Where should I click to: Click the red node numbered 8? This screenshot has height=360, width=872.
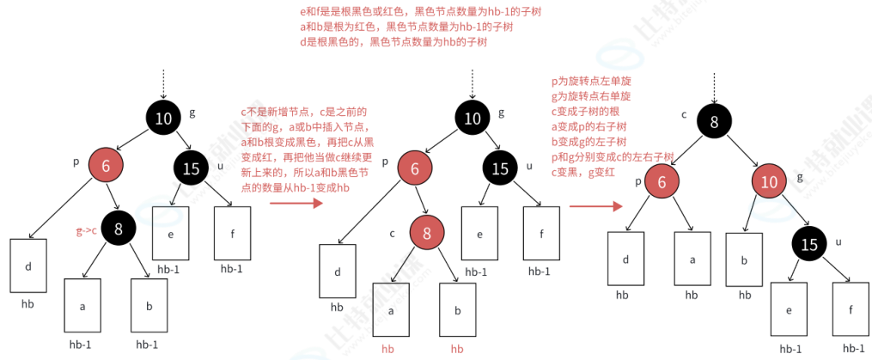(x=426, y=232)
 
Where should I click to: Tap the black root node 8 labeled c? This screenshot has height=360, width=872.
(x=714, y=122)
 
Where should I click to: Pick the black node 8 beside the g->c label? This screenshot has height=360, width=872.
(x=118, y=228)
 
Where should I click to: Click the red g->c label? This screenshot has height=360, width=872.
(x=84, y=231)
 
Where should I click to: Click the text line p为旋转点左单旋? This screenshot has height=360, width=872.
(x=591, y=82)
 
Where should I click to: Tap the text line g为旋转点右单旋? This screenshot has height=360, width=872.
(x=591, y=96)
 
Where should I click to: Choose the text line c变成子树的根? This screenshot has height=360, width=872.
(x=585, y=112)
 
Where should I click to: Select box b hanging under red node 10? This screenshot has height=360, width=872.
(x=744, y=259)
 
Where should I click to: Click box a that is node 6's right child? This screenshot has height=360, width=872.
(x=692, y=259)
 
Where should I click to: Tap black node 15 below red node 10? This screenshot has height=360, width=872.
(x=809, y=244)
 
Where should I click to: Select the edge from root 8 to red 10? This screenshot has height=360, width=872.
(x=743, y=153)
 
